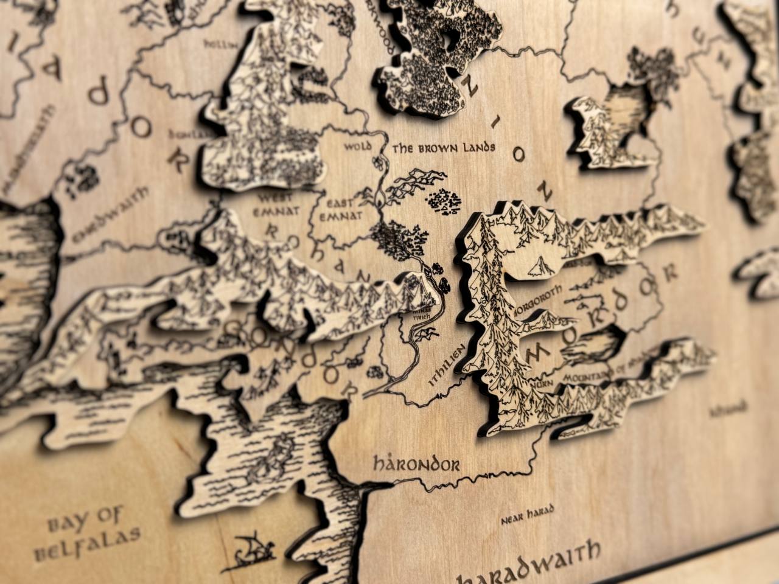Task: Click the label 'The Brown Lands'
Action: point(444,147)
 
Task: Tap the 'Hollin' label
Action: point(215,43)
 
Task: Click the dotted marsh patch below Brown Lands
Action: point(445,201)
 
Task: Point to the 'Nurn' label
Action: point(539,384)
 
